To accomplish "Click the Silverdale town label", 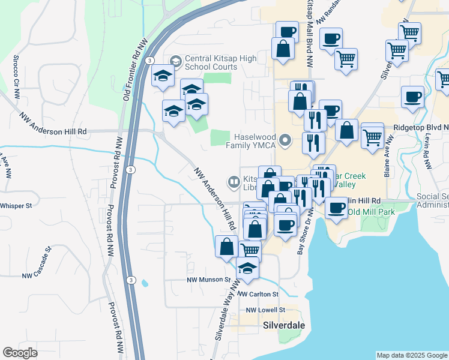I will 284,325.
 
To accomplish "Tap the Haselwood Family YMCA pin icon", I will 286,142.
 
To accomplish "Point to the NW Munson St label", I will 208,280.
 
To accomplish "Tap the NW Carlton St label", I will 258,295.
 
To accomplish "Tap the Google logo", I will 20,353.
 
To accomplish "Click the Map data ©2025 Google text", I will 411,355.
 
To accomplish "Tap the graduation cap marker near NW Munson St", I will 247,268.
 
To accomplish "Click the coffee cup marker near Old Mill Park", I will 336,208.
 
